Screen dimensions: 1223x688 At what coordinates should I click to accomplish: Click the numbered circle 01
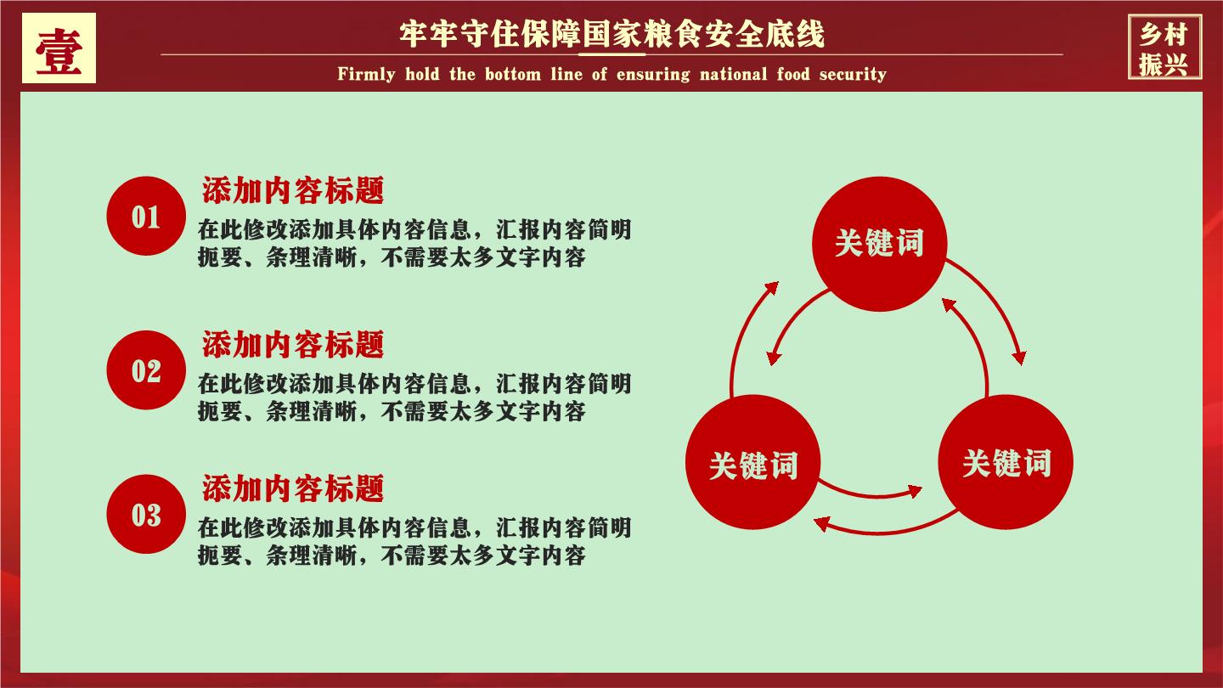pos(146,216)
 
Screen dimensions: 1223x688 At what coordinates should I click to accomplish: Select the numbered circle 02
pos(146,370)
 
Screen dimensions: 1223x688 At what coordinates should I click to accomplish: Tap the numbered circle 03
pos(146,514)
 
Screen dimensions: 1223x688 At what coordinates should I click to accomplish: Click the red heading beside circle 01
pos(293,190)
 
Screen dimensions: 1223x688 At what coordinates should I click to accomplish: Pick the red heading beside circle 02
pos(293,344)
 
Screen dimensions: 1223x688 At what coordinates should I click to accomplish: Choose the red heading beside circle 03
pos(293,488)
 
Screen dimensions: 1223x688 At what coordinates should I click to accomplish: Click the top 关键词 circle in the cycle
pos(880,244)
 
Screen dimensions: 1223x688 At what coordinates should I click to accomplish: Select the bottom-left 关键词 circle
pos(752,462)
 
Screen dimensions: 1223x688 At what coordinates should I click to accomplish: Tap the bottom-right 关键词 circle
pos(1006,462)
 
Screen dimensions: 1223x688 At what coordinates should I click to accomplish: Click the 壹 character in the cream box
pos(59,50)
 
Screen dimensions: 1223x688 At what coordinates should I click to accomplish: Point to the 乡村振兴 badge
pos(1164,48)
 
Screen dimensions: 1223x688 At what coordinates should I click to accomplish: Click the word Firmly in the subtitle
pos(366,74)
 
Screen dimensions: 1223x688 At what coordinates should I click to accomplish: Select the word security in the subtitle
pos(853,74)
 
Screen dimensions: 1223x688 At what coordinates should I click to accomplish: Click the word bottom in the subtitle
pos(513,73)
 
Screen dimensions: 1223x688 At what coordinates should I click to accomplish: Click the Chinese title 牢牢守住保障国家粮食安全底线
pos(612,34)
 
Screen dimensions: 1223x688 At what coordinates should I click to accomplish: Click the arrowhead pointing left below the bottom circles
pos(822,523)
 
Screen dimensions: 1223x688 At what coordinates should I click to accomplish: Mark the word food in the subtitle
pos(793,73)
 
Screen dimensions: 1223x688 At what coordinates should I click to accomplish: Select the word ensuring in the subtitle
pos(653,74)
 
